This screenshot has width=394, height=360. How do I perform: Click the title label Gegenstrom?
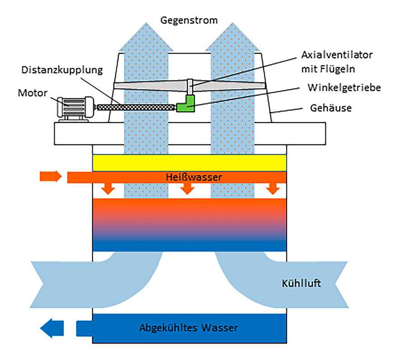(x=189, y=20)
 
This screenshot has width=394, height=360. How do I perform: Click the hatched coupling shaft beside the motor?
(x=136, y=108)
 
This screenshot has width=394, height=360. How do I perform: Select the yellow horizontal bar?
(x=189, y=162)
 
